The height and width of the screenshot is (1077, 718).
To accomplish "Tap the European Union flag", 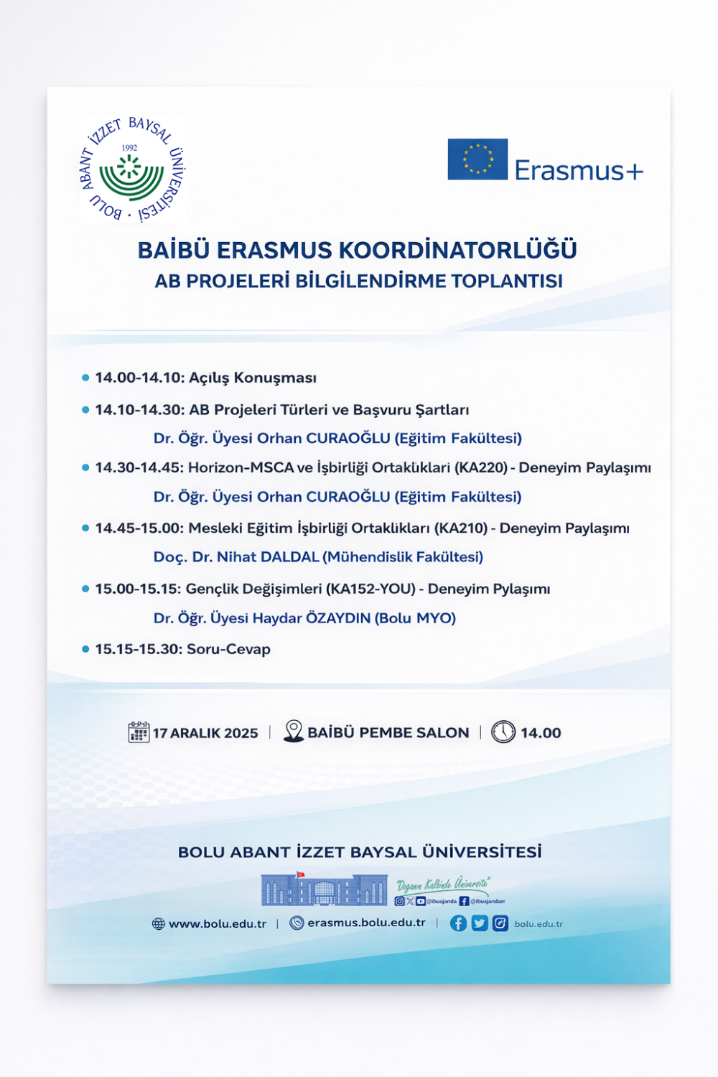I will (477, 159).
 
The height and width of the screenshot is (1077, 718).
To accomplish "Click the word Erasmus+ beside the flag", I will (579, 171).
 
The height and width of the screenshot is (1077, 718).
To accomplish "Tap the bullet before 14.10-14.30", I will (85, 410).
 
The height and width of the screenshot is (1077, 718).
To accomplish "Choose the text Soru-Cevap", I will (228, 649).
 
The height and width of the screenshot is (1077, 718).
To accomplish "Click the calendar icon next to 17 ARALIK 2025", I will (139, 732).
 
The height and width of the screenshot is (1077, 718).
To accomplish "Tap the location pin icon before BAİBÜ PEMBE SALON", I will (293, 731).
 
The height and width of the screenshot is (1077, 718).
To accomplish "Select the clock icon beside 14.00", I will (503, 732).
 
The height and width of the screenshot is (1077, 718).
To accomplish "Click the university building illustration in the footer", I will (325, 890).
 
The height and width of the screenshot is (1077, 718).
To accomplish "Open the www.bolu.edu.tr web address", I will (217, 924).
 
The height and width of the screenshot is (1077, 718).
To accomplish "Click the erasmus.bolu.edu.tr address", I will (366, 923).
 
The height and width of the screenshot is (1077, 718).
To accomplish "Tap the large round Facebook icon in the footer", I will (458, 923).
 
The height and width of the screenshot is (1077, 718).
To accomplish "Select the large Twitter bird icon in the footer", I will (480, 923).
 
